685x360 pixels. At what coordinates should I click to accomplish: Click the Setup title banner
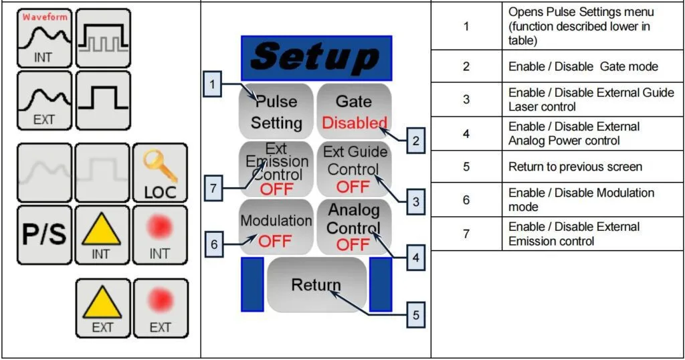(316, 58)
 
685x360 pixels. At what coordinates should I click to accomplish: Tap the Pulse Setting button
(277, 112)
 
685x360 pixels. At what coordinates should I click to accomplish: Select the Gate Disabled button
(354, 112)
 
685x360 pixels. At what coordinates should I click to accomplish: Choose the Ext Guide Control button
(354, 169)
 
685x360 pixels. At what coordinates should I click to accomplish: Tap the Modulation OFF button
(277, 228)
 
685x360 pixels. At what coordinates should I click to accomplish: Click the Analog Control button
(354, 228)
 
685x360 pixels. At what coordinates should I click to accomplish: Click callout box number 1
(212, 85)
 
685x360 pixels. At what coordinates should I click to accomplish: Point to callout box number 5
(415, 315)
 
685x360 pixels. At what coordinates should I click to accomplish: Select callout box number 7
(213, 189)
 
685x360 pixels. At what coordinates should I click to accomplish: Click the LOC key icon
(161, 173)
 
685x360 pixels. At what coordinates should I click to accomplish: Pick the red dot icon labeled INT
(161, 234)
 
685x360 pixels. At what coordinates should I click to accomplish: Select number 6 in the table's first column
(466, 200)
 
